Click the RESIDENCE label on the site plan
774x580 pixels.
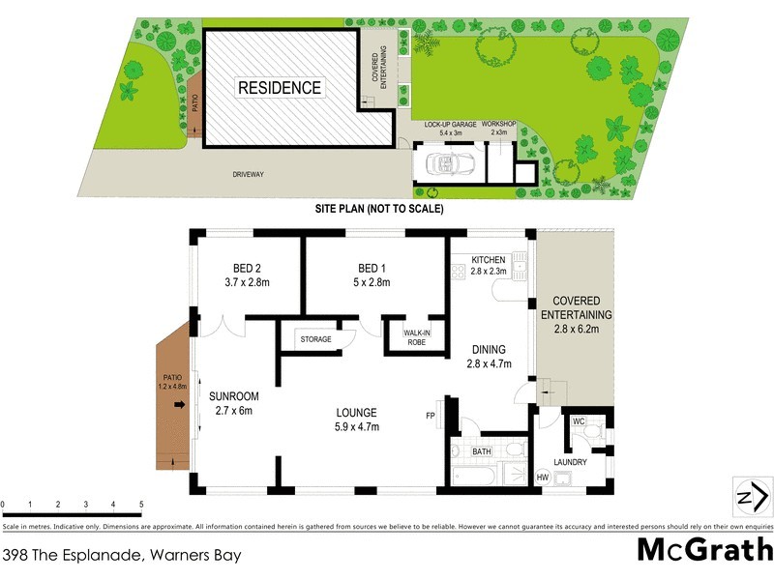point(280,88)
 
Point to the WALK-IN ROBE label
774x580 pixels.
point(409,338)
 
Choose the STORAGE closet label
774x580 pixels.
point(315,339)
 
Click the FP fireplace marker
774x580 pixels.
point(431,417)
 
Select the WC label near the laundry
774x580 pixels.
point(580,421)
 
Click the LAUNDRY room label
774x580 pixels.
point(571,462)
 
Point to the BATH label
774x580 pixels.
point(482,451)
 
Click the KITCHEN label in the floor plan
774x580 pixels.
point(489,259)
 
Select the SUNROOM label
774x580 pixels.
point(234,396)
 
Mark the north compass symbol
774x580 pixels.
point(751,498)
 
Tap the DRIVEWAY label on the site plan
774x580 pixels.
point(248,175)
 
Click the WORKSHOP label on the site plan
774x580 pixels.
point(501,125)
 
